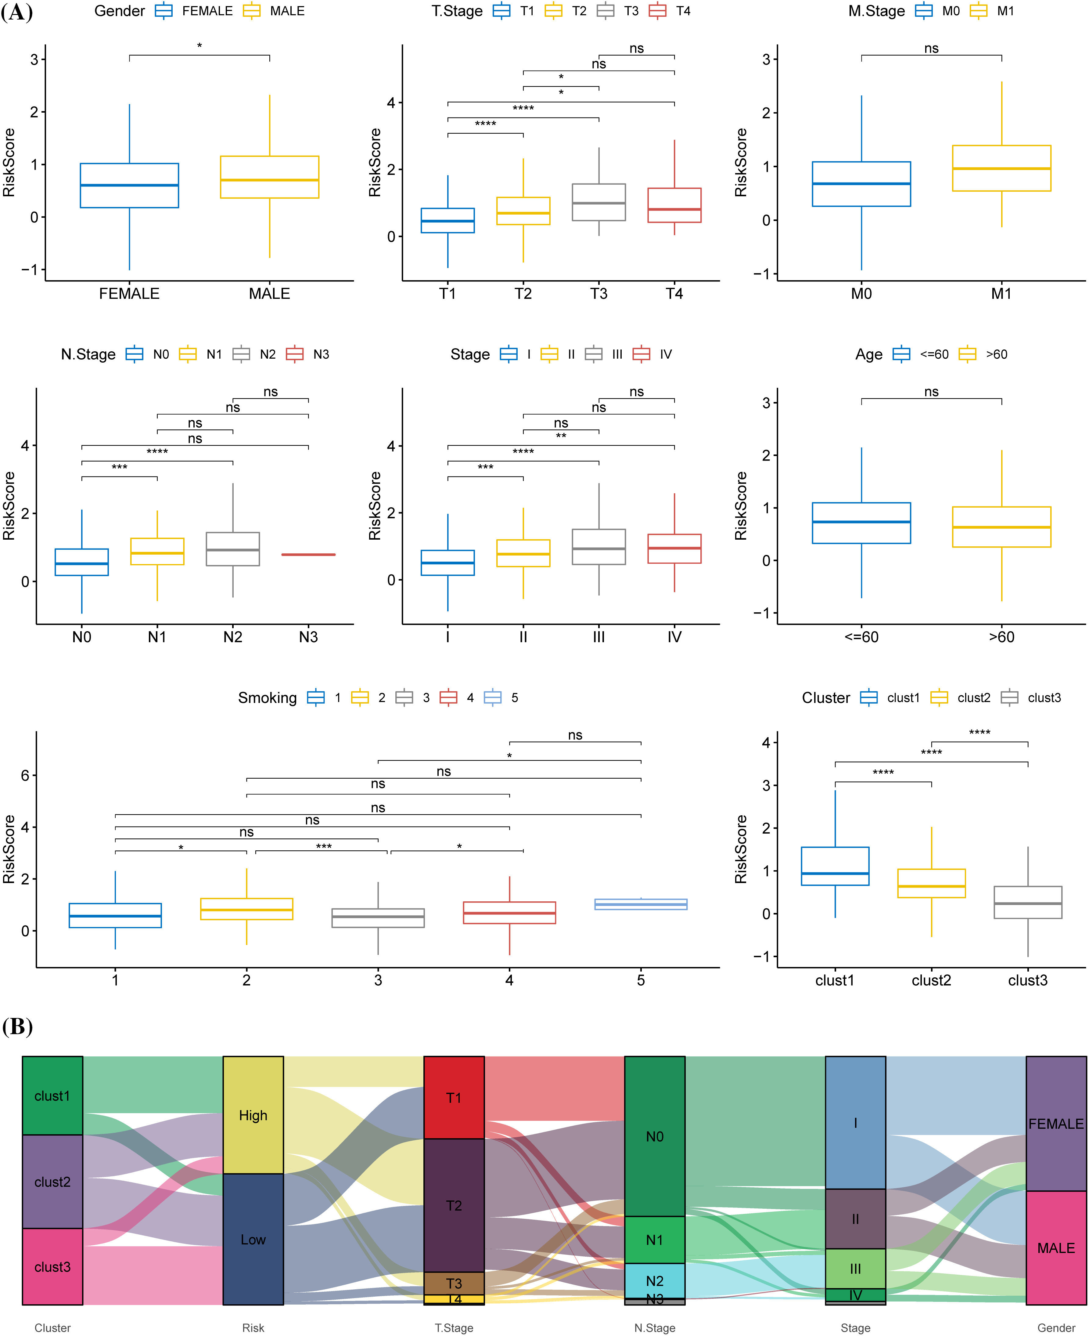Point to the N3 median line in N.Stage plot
point(308,555)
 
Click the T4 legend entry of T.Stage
point(669,11)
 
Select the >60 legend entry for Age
point(983,355)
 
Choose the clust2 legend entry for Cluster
point(960,698)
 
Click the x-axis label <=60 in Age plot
point(861,637)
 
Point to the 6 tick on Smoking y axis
point(25,776)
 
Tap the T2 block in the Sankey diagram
point(454,1205)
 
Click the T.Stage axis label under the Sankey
point(454,1328)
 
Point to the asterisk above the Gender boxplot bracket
point(199,46)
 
